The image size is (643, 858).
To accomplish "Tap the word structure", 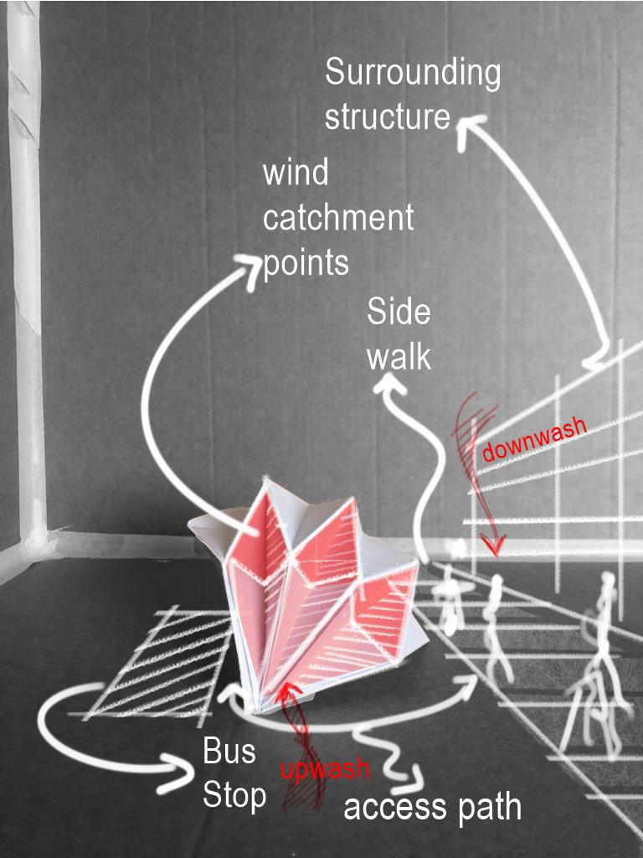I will point(387,116).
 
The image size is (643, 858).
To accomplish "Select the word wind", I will point(296,174).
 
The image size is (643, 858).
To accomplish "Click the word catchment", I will point(338,219).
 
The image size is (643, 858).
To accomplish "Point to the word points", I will point(306,263).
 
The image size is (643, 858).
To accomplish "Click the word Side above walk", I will point(399,313).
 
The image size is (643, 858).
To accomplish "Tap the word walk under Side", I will point(399,357).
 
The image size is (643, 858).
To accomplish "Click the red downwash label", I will point(534,439).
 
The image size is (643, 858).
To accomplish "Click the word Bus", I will point(229,752).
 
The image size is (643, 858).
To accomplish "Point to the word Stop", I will point(234,795).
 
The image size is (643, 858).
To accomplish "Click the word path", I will point(486,808).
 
